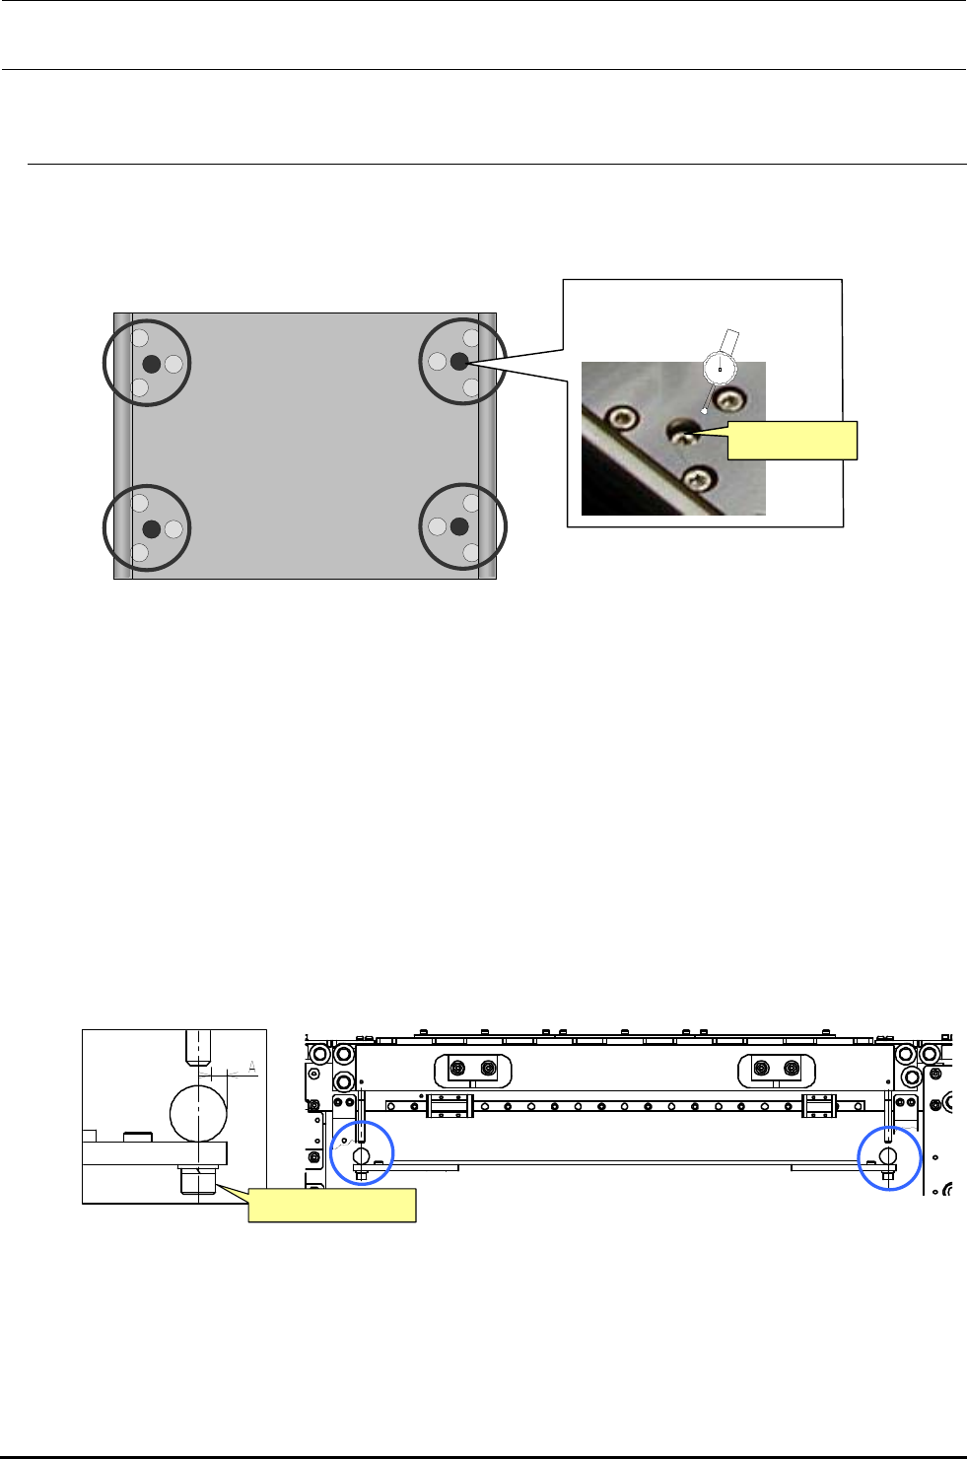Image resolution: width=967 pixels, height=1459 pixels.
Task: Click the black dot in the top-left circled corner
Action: pos(152,364)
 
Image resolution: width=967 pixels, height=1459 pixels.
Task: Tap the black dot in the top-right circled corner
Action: pos(459,362)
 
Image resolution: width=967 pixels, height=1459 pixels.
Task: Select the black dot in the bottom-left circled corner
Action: pos(152,528)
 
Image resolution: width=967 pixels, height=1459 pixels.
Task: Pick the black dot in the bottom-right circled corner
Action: pos(459,526)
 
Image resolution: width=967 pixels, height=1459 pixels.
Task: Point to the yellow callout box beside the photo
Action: pos(792,441)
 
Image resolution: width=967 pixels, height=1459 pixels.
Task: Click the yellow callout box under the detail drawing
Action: pos(332,1205)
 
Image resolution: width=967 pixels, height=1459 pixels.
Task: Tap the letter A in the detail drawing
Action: pos(252,1067)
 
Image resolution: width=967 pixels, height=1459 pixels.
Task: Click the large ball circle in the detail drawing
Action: pos(198,1114)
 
